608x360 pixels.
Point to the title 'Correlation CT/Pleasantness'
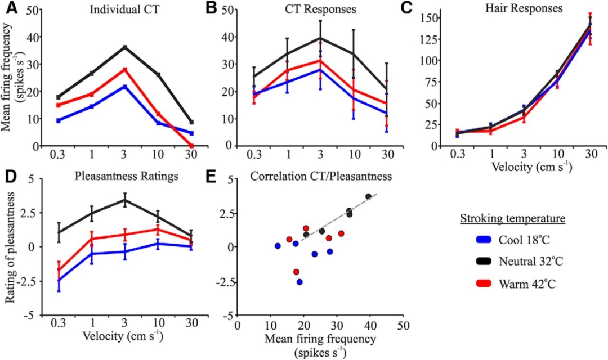point(321,175)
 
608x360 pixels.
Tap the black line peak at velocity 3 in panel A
point(124,47)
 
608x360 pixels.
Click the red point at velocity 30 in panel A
point(191,146)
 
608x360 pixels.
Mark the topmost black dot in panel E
point(369,196)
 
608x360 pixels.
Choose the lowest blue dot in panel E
point(299,282)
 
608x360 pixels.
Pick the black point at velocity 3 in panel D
point(124,200)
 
